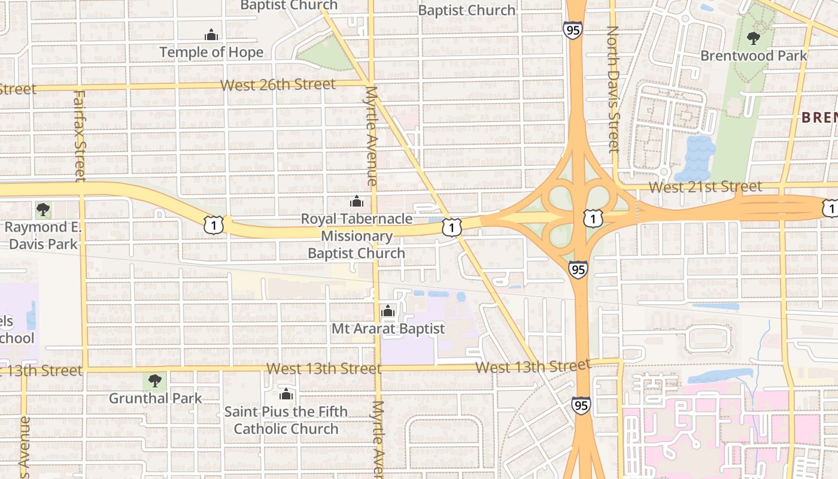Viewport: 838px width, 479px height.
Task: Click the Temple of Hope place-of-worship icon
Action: coord(211,35)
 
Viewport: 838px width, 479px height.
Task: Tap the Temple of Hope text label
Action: coord(211,53)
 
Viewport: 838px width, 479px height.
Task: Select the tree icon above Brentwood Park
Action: coord(754,39)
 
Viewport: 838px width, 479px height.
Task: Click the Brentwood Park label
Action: coord(754,56)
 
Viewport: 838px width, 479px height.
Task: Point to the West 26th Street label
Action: coord(278,85)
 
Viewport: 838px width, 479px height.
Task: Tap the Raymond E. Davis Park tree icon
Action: coord(42,210)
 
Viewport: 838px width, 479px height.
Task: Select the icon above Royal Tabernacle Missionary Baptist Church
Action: coord(357,202)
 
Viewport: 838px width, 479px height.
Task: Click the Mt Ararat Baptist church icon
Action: coord(388,311)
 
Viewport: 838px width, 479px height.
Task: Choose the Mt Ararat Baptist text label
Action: coord(388,329)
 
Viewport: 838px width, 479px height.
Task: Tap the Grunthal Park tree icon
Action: coord(155,381)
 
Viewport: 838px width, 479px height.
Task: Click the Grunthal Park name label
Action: coord(155,398)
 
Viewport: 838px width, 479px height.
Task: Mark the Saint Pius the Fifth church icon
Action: coord(286,395)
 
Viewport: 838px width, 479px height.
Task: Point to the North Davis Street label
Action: coord(612,89)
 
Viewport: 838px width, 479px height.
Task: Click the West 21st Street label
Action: coord(705,187)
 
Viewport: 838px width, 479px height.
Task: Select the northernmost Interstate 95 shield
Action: coord(573,30)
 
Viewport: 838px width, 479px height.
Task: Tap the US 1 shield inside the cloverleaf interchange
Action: coord(593,219)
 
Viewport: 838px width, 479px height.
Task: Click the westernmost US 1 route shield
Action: coord(214,225)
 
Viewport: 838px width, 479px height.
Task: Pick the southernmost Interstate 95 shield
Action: coord(581,406)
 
